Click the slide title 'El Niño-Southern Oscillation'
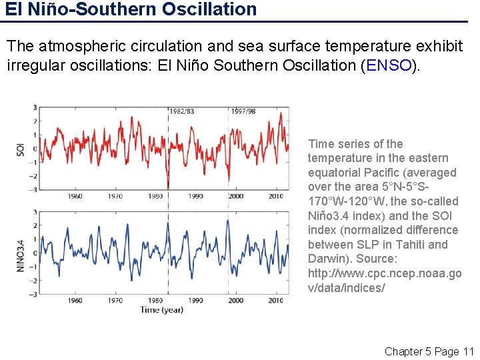[x=131, y=9]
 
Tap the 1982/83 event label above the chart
[x=181, y=111]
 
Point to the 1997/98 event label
[x=243, y=111]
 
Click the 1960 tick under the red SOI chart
[x=75, y=196]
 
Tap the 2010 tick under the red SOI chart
[x=275, y=196]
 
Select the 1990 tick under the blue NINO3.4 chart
[x=195, y=301]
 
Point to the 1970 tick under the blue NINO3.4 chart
[x=115, y=301]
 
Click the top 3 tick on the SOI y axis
[x=35, y=107]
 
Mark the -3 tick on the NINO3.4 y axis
[x=33, y=293]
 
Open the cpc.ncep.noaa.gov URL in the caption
[x=384, y=281]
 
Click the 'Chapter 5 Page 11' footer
[x=429, y=351]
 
